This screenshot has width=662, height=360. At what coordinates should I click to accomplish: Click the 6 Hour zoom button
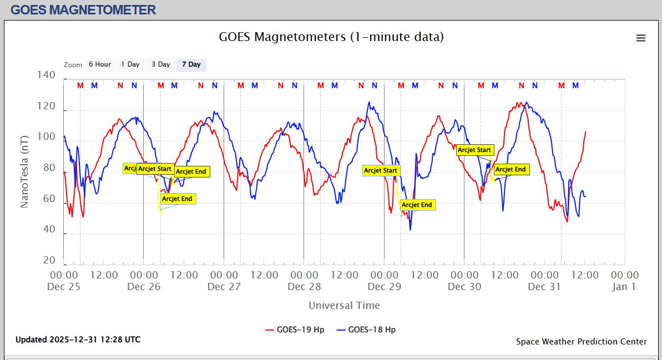pyautogui.click(x=100, y=64)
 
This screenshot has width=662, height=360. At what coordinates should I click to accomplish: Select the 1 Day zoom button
pyautogui.click(x=130, y=64)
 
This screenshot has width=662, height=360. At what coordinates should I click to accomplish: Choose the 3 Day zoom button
pyautogui.click(x=161, y=64)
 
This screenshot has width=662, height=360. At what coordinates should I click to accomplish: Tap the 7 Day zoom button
pyautogui.click(x=191, y=64)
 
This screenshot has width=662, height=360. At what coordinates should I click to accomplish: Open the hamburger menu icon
pyautogui.click(x=641, y=38)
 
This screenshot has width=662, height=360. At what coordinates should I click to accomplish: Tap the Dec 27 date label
pyautogui.click(x=224, y=287)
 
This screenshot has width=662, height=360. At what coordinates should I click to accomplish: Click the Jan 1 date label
pyautogui.click(x=624, y=287)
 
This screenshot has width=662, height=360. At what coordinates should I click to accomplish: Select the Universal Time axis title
pyautogui.click(x=344, y=306)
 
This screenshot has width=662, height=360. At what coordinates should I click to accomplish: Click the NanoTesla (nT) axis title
pyautogui.click(x=24, y=166)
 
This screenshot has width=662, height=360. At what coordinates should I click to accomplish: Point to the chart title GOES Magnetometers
pyautogui.click(x=331, y=37)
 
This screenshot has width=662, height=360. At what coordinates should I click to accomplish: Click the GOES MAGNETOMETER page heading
pyautogui.click(x=83, y=10)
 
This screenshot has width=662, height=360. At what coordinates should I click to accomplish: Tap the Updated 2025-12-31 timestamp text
pyautogui.click(x=78, y=339)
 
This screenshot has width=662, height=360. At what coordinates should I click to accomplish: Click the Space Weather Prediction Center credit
pyautogui.click(x=582, y=342)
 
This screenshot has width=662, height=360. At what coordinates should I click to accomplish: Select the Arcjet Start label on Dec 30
pyautogui.click(x=474, y=150)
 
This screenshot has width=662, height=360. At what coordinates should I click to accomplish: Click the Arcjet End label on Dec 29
pyautogui.click(x=417, y=205)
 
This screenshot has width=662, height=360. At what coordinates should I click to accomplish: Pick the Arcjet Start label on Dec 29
pyautogui.click(x=381, y=170)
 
